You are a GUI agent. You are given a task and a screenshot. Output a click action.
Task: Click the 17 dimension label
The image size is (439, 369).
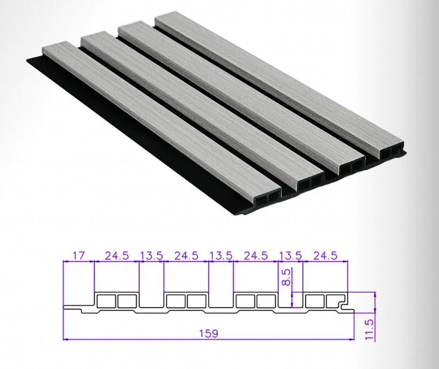click(79, 256)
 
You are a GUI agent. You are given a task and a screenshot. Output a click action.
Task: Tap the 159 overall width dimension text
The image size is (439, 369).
click(208, 333)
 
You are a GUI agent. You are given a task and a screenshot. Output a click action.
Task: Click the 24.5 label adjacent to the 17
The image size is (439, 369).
click(116, 256)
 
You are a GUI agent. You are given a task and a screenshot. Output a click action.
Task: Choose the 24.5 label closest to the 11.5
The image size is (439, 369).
click(325, 256)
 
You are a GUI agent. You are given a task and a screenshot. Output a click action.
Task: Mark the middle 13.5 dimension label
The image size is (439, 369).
click(221, 256)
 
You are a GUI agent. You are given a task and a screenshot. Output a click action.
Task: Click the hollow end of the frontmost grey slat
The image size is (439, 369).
click(268, 198)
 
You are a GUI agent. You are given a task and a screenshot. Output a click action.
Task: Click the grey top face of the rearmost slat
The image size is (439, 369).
click(280, 81)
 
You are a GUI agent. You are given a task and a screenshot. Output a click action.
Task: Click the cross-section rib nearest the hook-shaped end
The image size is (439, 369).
click(325, 300)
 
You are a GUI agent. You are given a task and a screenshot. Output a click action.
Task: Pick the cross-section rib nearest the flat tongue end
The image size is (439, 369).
click(117, 300)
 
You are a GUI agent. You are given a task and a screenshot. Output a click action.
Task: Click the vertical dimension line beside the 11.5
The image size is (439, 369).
click(374, 317)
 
